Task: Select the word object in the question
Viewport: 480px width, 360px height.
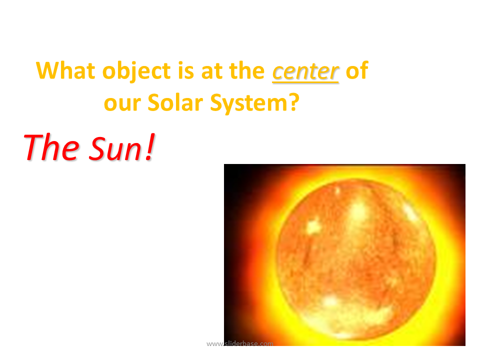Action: click(x=136, y=71)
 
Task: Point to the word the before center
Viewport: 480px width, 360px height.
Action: click(x=246, y=70)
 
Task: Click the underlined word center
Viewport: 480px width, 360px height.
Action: click(x=305, y=72)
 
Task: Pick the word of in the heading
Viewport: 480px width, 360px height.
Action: click(x=357, y=70)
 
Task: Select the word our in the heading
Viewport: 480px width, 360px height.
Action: click(x=122, y=104)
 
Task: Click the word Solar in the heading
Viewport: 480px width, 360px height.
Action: click(x=175, y=102)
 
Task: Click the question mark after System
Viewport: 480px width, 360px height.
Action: click(x=293, y=102)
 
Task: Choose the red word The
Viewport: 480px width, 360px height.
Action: click(x=51, y=147)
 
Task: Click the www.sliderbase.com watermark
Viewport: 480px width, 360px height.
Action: click(x=239, y=344)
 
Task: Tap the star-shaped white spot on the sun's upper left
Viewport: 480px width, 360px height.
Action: click(x=313, y=227)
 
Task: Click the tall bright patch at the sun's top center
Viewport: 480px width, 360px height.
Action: click(x=357, y=214)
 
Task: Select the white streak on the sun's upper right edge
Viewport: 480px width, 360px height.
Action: click(x=409, y=210)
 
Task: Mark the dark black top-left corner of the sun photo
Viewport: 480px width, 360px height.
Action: click(x=232, y=173)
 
